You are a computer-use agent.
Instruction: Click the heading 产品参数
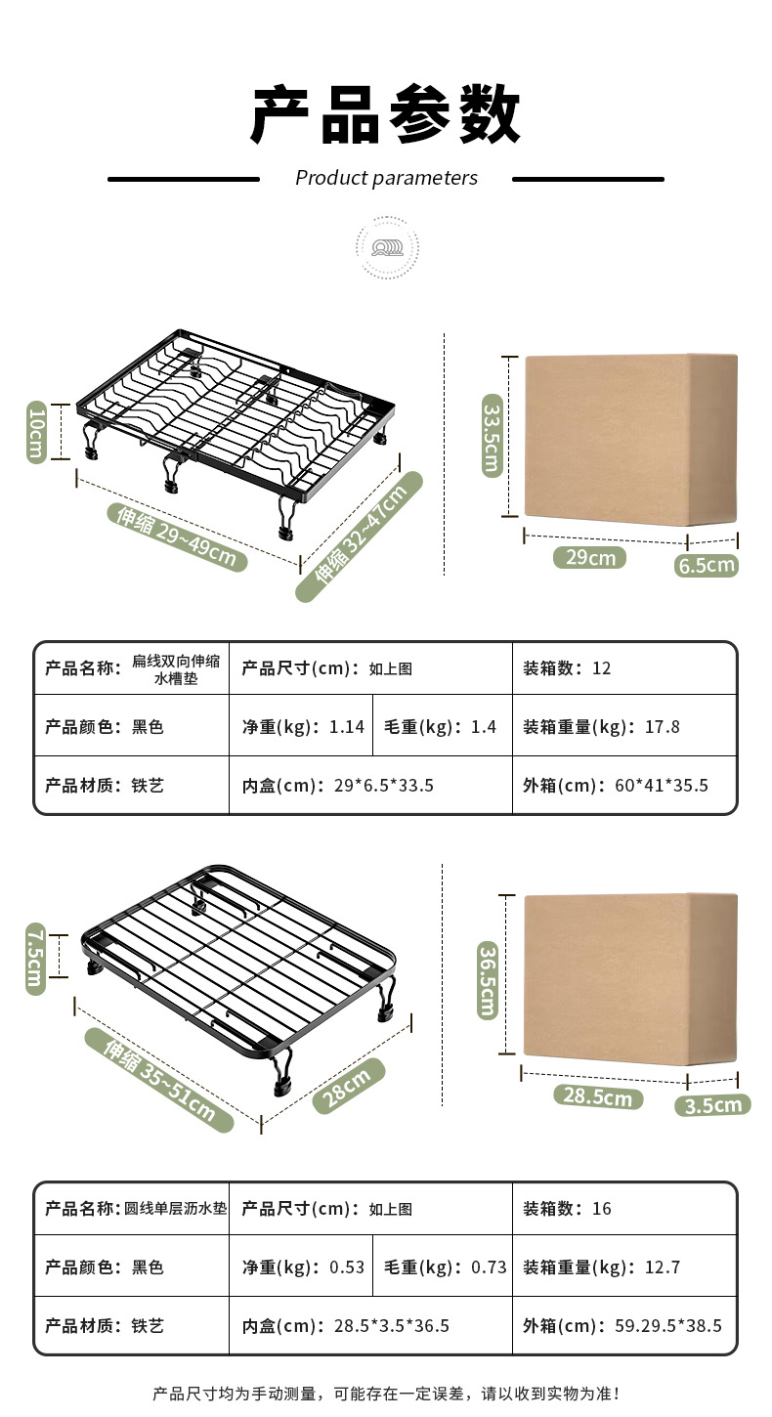coord(386,115)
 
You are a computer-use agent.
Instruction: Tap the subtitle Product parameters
coord(386,178)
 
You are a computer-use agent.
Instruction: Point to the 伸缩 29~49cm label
coord(177,537)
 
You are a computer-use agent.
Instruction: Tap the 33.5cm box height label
coord(491,439)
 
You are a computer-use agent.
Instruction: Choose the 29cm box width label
coord(589,557)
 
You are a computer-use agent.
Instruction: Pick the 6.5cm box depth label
coord(706,565)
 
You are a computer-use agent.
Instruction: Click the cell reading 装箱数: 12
coord(567,668)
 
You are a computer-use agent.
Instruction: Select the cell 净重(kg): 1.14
coord(303,726)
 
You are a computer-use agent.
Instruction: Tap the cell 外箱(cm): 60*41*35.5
coord(616,785)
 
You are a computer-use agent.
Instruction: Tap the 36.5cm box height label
coord(488,978)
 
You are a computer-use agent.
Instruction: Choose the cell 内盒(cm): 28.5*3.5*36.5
coord(346,1326)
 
